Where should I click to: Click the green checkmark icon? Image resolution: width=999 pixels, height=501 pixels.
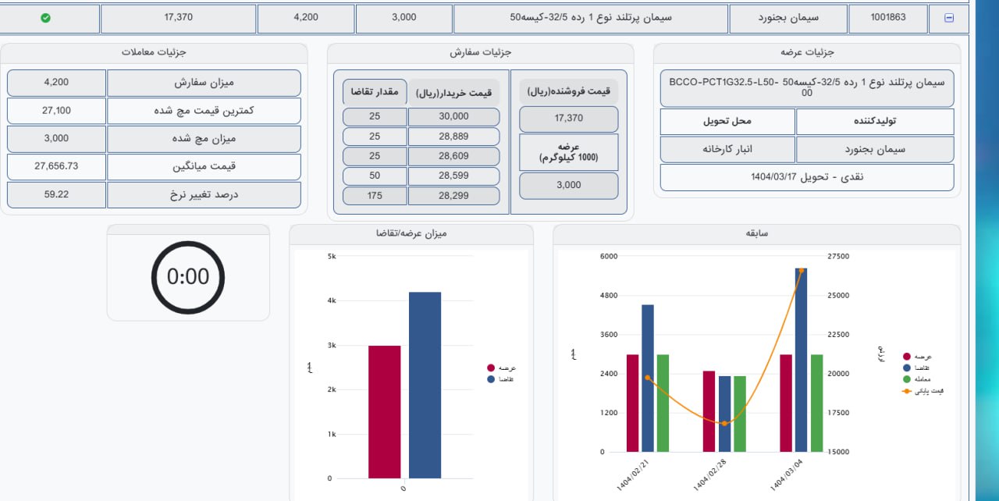pyautogui.click(x=45, y=18)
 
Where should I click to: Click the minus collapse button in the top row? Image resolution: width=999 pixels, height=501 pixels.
pyautogui.click(x=949, y=18)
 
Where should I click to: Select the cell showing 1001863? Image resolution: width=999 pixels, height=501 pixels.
pyautogui.click(x=888, y=17)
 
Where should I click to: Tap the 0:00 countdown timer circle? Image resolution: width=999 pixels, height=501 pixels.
pyautogui.click(x=188, y=277)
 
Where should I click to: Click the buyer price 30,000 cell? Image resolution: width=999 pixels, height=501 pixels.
pyautogui.click(x=453, y=116)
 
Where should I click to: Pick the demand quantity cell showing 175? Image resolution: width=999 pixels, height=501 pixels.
pyautogui.click(x=375, y=196)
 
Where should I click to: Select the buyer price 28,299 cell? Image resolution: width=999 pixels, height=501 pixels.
pyautogui.click(x=453, y=196)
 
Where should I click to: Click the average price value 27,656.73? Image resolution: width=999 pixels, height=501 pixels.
pyautogui.click(x=56, y=166)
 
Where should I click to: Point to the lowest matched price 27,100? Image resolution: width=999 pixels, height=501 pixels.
pyautogui.click(x=56, y=111)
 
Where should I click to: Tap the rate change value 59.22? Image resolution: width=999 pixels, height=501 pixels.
pyautogui.click(x=56, y=194)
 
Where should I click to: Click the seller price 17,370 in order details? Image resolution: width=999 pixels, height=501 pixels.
pyautogui.click(x=569, y=118)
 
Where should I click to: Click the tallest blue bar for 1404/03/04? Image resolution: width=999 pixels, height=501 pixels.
pyautogui.click(x=801, y=359)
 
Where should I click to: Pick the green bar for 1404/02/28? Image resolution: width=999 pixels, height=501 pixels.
pyautogui.click(x=739, y=414)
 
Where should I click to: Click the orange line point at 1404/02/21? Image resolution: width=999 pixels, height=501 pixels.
pyautogui.click(x=648, y=378)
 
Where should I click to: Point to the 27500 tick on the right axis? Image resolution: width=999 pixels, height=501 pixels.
pyautogui.click(x=837, y=257)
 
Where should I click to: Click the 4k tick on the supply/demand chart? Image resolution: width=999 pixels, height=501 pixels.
pyautogui.click(x=331, y=301)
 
